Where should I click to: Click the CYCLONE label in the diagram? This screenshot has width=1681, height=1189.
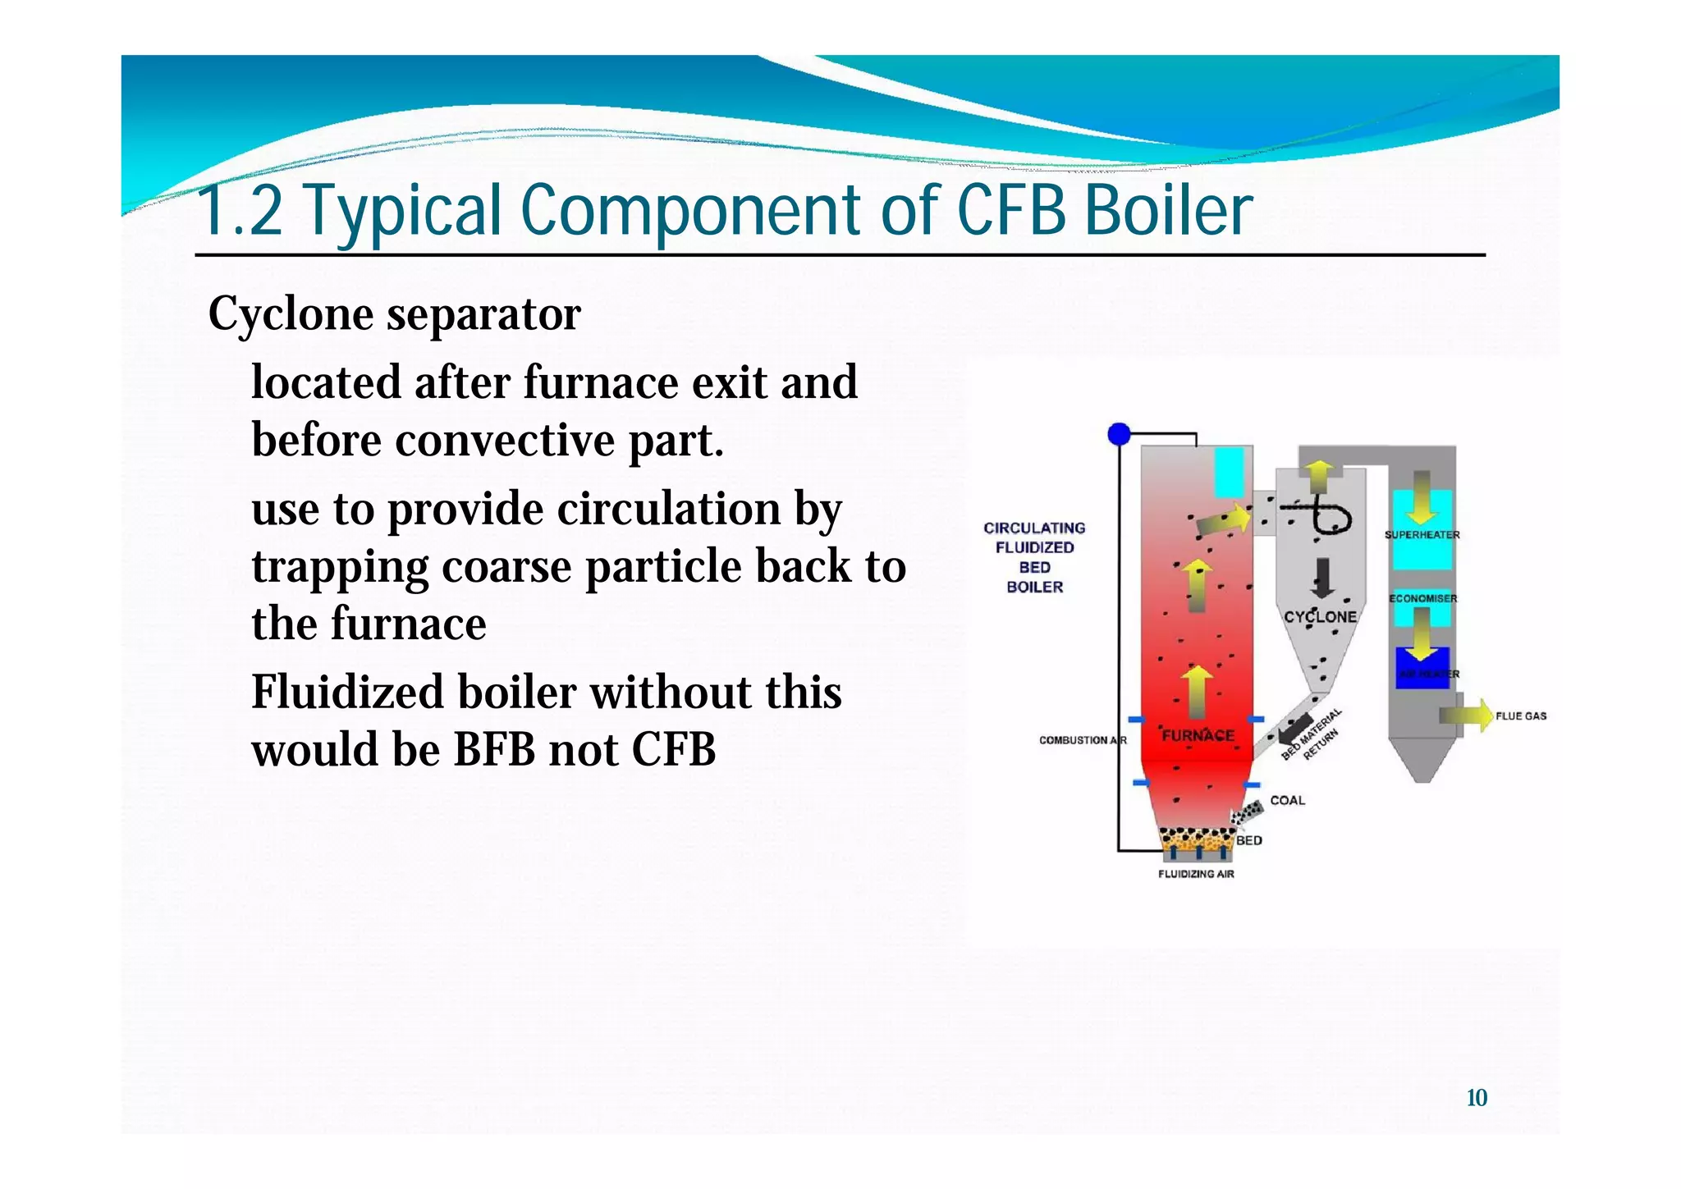click(1320, 616)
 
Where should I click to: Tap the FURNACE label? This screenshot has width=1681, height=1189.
click(1198, 735)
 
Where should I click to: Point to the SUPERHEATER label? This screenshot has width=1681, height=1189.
click(1422, 534)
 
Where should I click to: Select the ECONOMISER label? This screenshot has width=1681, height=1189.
click(1422, 598)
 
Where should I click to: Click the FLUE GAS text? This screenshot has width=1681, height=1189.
click(1520, 716)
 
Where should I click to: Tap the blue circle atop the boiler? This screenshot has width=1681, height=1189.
click(1119, 434)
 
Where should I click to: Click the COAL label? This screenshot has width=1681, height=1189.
click(1287, 800)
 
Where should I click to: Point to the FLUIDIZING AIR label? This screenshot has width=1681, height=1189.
click(1196, 874)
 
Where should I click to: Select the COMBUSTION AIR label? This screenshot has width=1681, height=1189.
click(1082, 740)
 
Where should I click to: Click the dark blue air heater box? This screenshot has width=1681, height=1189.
click(1422, 666)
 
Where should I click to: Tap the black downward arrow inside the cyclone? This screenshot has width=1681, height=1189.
click(1322, 578)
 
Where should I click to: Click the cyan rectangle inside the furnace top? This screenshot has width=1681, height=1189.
click(1229, 472)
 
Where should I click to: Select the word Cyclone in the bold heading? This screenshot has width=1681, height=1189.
click(291, 314)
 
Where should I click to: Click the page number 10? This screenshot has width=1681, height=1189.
click(1476, 1098)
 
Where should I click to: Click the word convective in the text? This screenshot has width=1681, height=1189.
click(505, 441)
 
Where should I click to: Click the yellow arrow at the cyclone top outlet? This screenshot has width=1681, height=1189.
click(1319, 476)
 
